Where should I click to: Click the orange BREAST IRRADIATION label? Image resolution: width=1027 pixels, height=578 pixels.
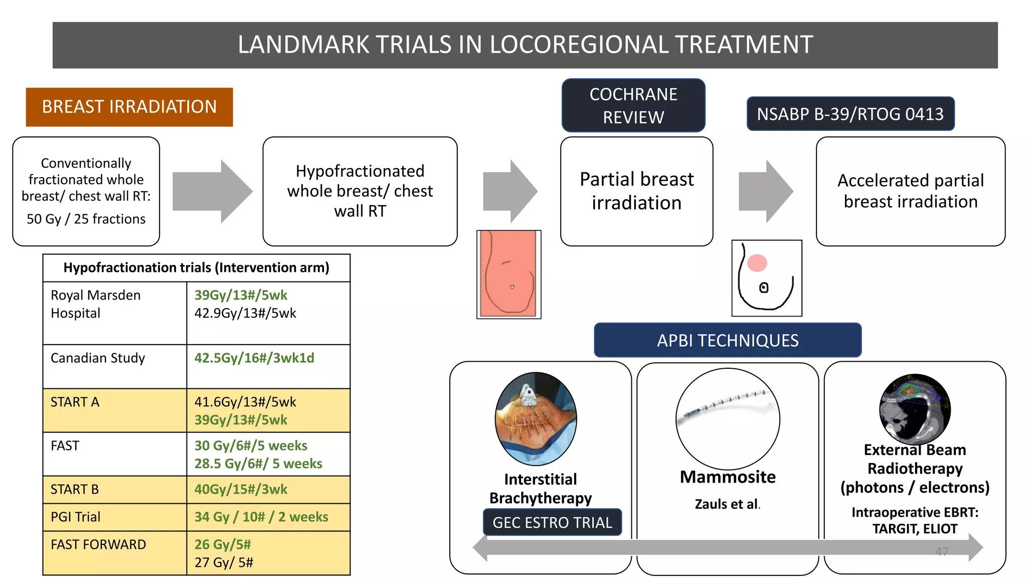tap(129, 107)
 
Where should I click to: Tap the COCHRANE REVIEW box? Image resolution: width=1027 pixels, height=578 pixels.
tap(633, 105)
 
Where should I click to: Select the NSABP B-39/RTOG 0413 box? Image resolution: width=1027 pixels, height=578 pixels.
tap(850, 114)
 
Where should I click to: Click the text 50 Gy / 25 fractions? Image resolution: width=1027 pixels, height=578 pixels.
tap(86, 219)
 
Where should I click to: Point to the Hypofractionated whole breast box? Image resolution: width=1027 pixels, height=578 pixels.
tap(360, 191)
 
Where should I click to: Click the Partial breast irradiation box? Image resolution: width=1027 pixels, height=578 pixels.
tap(636, 191)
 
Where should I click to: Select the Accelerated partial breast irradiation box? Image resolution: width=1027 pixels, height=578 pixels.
tap(910, 191)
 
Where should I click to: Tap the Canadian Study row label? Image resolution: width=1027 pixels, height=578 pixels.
tap(98, 358)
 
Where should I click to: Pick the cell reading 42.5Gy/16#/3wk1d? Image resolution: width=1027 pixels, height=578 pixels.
tap(254, 358)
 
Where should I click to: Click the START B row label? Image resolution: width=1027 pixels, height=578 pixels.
tap(75, 490)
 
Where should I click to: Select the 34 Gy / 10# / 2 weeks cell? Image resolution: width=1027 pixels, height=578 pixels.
tap(261, 517)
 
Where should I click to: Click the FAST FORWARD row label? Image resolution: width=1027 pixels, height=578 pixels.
tap(98, 545)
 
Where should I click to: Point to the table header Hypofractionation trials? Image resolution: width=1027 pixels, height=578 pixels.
tap(196, 268)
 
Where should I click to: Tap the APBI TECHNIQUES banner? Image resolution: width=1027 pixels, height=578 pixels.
tap(728, 341)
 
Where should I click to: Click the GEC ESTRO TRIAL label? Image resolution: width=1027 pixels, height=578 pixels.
tap(552, 523)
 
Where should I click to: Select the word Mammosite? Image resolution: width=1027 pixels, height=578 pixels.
tap(728, 477)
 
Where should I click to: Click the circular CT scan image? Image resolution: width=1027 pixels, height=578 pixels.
tap(915, 409)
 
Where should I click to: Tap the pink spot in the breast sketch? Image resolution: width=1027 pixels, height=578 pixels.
tap(757, 263)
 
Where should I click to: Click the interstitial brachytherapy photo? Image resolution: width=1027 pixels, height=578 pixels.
tap(536, 418)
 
